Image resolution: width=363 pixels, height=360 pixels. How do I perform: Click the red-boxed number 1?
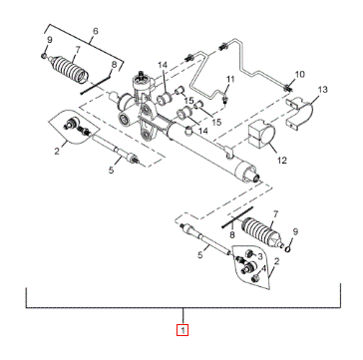[x=182, y=330]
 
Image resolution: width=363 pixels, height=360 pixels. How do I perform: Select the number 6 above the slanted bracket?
[x=96, y=31]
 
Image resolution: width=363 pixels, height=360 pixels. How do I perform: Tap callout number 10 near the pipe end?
[x=299, y=75]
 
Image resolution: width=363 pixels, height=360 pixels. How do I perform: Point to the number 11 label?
[x=230, y=79]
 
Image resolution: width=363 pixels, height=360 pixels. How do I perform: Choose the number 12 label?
[x=282, y=161]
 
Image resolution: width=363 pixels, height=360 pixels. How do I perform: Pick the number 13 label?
[x=322, y=89]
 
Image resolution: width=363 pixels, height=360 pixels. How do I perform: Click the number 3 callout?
[x=260, y=256]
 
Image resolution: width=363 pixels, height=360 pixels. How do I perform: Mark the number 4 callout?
[x=263, y=268]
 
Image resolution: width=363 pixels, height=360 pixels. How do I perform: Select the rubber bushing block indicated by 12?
[x=261, y=136]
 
